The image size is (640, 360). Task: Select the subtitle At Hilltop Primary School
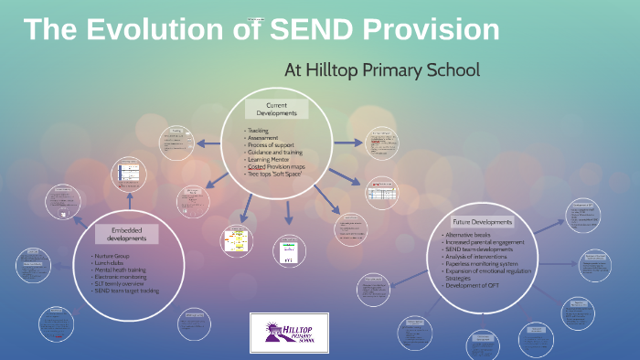pyautogui.click(x=382, y=69)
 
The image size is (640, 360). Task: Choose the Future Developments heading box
pyautogui.click(x=482, y=222)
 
